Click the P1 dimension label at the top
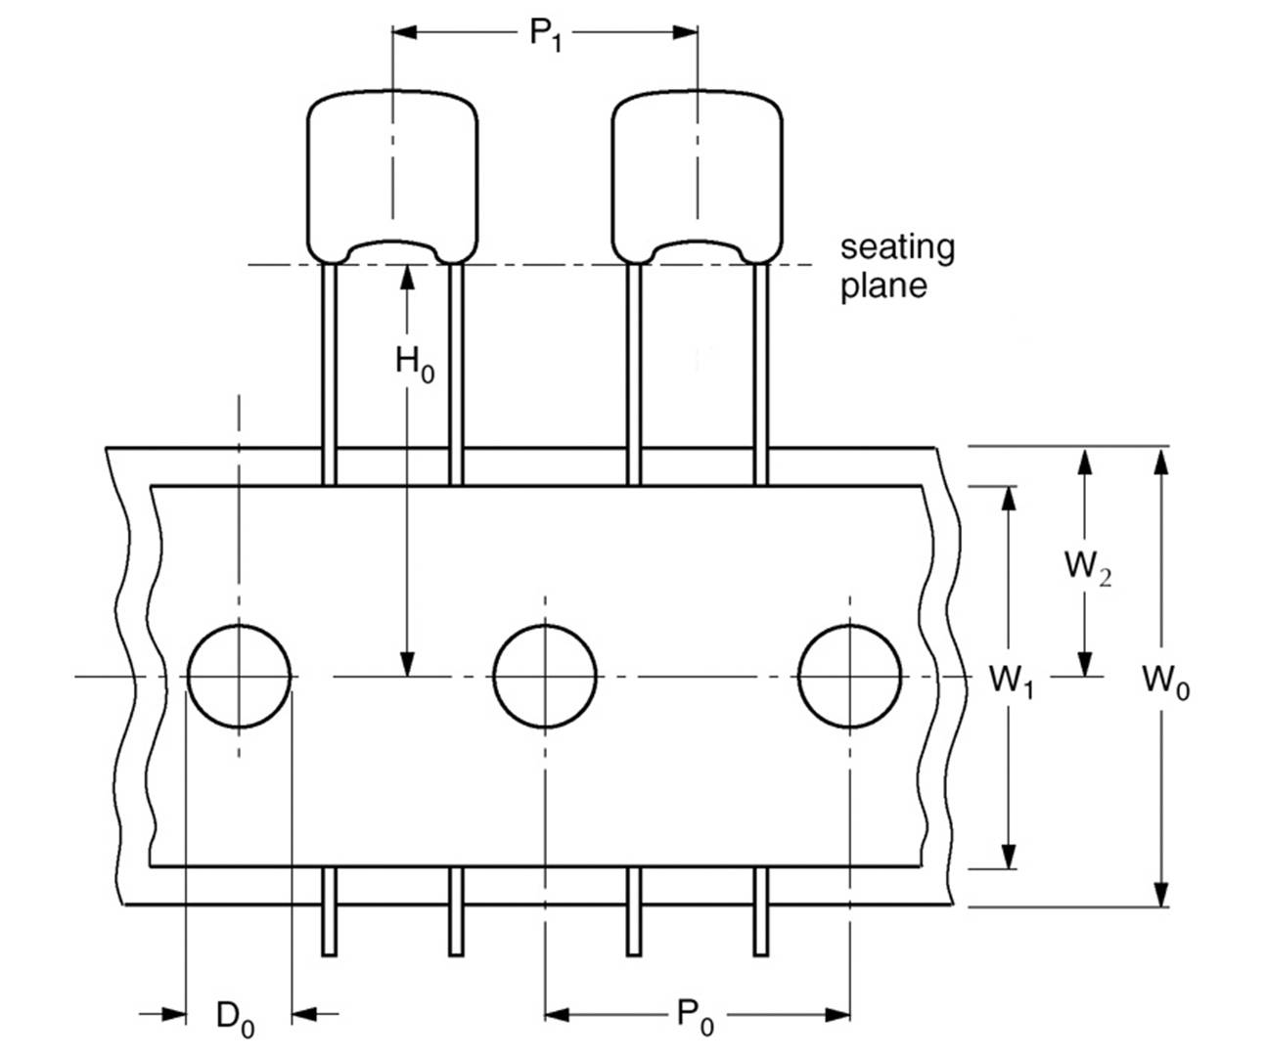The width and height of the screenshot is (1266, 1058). tap(545, 34)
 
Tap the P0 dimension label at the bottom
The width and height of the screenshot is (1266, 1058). tap(696, 1016)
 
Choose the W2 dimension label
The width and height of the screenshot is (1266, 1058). tap(1087, 566)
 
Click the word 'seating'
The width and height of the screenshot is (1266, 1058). tap(897, 246)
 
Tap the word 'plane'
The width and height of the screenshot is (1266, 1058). tap(883, 286)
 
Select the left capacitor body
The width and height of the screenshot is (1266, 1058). tap(392, 176)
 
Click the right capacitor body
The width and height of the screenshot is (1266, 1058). tap(697, 176)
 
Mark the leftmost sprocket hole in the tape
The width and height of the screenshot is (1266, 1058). tap(239, 677)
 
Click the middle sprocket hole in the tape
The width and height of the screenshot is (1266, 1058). tap(545, 677)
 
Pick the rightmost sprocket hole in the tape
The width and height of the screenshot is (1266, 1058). tap(849, 677)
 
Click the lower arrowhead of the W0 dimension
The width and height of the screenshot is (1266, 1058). tap(1160, 894)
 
